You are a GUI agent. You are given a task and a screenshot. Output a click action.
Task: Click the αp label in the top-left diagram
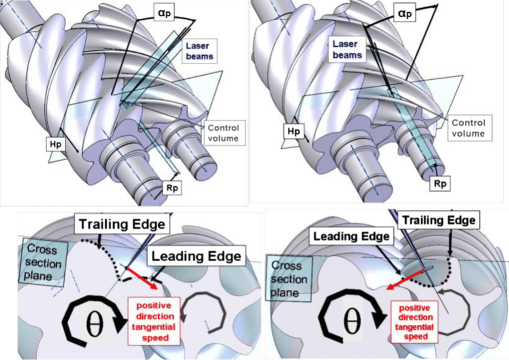click(x=164, y=13)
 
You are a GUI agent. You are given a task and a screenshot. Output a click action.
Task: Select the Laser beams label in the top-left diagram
click(x=197, y=51)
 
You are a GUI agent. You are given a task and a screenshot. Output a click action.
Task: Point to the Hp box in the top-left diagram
click(x=54, y=144)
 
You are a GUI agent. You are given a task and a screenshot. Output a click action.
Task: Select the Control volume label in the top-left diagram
click(x=223, y=133)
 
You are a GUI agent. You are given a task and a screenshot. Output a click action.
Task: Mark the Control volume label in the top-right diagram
click(x=470, y=128)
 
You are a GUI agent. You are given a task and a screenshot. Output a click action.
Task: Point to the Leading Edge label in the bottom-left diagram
click(x=196, y=256)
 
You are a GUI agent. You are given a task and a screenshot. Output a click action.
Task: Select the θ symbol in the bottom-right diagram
click(x=352, y=321)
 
